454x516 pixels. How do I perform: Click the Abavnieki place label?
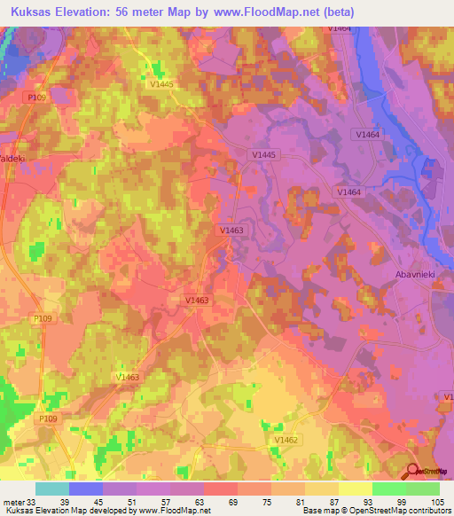[414, 275]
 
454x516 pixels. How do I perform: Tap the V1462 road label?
[286, 440]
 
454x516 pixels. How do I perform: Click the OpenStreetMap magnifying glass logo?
[413, 472]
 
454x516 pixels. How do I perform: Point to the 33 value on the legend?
[34, 502]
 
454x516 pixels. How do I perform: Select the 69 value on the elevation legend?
[209, 502]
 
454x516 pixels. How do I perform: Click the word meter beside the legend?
[12, 502]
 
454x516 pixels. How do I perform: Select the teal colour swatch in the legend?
[52, 489]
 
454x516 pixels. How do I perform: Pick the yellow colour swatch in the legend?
[356, 489]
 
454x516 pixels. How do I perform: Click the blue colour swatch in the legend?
[86, 489]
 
